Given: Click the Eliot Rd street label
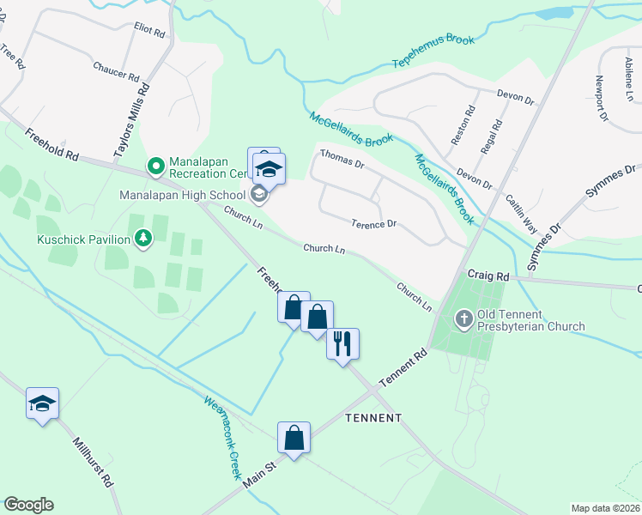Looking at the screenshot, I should click(148, 30).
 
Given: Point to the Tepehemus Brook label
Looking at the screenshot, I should click(433, 51).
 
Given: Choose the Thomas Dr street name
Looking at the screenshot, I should click(342, 158).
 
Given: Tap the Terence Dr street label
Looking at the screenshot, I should click(373, 224).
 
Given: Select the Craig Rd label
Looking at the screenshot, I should click(488, 276).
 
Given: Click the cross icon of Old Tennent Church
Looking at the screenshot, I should click(464, 320).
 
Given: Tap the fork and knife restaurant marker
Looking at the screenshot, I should click(343, 343).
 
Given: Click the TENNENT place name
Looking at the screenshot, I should click(372, 418).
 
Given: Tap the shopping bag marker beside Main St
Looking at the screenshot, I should click(294, 437).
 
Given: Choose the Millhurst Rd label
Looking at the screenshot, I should click(94, 464).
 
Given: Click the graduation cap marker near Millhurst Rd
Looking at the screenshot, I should click(41, 403).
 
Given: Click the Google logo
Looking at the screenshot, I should click(28, 505).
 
